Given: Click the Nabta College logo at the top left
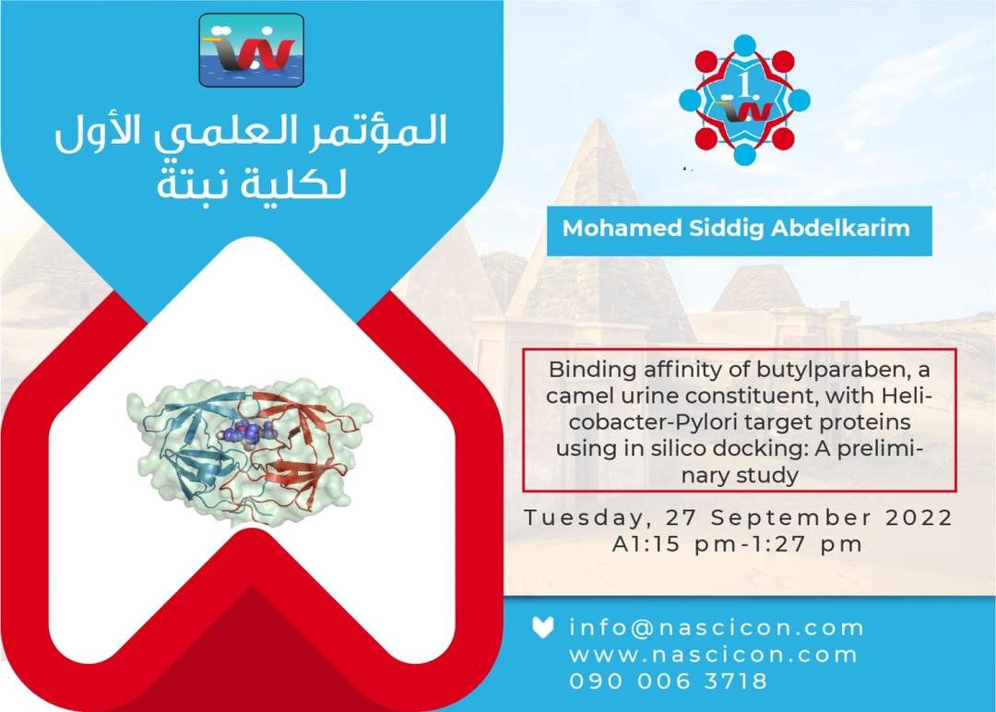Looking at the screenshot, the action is pos(252,50).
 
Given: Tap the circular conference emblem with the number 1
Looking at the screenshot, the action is pos(744,100).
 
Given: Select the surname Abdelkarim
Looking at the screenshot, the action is pos(840,229).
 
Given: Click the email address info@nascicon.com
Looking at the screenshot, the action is pos(717,627).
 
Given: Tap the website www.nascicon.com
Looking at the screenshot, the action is pos(713,655).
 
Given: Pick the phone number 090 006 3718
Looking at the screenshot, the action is pos(669,682).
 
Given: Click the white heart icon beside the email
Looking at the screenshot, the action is pos(542,627).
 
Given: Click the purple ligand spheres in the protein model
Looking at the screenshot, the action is pos(250,433).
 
